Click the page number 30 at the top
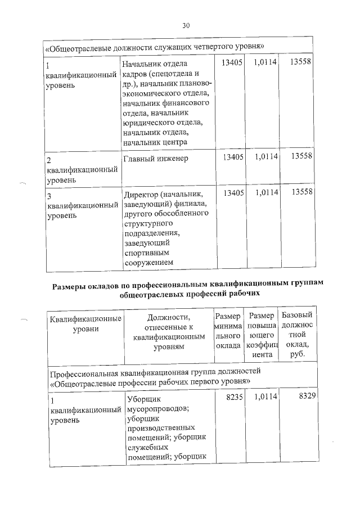coord(186,25)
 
